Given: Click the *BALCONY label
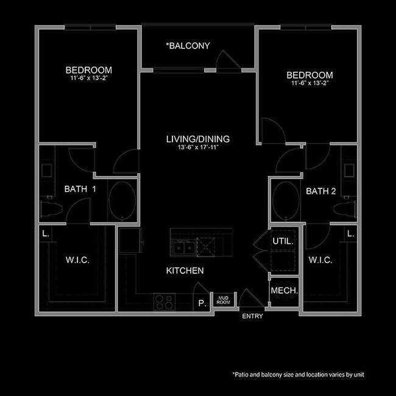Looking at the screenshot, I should point(189,46).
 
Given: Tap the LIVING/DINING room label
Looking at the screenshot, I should point(197,139).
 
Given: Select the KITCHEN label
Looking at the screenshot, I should point(185,270).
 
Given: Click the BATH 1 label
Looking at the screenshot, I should point(80,189).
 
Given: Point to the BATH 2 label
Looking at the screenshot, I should point(321,191).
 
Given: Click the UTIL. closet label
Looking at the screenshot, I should point(283,241).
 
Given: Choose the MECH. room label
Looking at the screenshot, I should point(284,291).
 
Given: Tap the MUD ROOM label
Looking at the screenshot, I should point(224,300).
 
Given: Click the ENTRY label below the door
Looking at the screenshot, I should point(253,316).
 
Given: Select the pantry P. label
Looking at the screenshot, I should point(200,302).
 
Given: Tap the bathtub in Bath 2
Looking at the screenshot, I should point(285,201).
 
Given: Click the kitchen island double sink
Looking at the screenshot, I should point(183,247).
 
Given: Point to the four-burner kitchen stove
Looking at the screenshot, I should point(164,300).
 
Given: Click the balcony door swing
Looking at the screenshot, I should point(228,60).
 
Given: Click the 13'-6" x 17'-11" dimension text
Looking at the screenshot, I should point(197,147).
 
